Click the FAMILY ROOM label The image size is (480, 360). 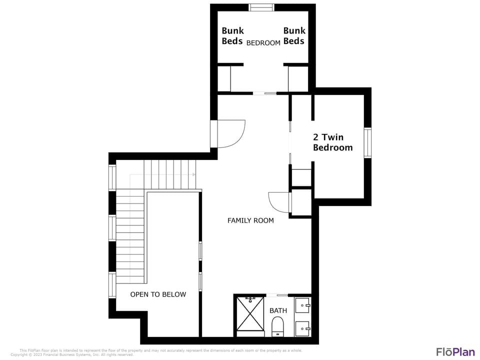(250, 220)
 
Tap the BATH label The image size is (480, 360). (278, 310)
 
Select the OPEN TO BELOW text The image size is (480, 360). (158, 294)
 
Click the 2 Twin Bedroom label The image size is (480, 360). (332, 142)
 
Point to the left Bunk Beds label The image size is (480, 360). (232, 36)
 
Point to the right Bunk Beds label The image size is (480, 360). (294, 36)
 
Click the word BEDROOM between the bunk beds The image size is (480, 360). (263, 43)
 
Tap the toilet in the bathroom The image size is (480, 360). (277, 327)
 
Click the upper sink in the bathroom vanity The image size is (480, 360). (303, 304)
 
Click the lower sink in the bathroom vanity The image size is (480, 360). (303, 328)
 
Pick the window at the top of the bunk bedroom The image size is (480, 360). (261, 7)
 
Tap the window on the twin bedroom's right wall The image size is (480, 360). (367, 143)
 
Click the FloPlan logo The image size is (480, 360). (455, 351)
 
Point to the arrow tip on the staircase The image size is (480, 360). (193, 174)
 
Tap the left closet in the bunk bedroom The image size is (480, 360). (223, 78)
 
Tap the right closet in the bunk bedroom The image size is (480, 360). (298, 78)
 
